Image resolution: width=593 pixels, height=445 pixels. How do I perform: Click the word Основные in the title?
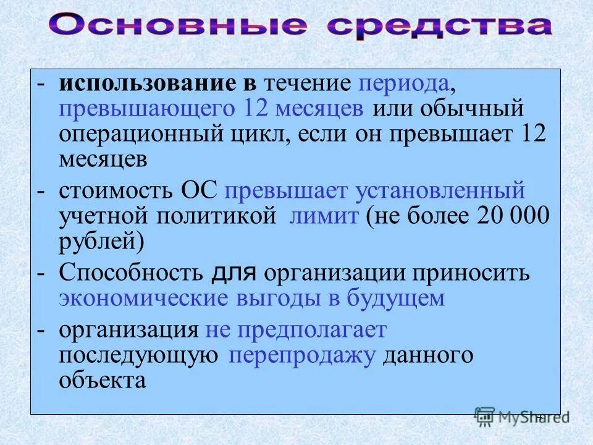pos(179,26)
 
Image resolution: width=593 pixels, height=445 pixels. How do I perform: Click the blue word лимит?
pos(325,216)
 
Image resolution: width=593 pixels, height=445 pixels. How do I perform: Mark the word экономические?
pos(143,299)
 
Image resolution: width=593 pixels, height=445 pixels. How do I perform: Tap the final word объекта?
pos(103,381)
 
